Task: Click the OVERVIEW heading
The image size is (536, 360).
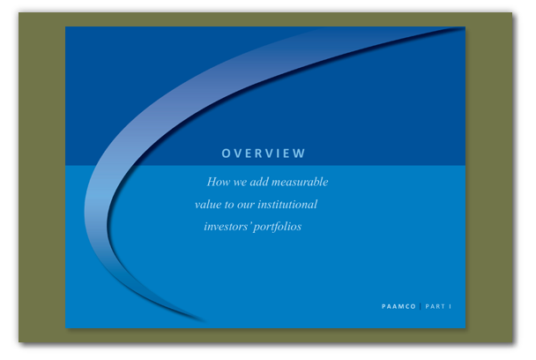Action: pyautogui.click(x=264, y=154)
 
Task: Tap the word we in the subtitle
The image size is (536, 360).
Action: pyautogui.click(x=240, y=183)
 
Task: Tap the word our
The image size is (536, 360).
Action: pyautogui.click(x=245, y=206)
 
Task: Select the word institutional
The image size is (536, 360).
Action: pyautogui.click(x=287, y=205)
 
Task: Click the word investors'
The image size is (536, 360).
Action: pyautogui.click(x=227, y=227)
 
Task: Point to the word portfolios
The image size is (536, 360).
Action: pyautogui.click(x=278, y=228)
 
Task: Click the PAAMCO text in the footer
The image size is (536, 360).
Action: pyautogui.click(x=398, y=306)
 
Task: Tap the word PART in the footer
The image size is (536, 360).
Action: pyautogui.click(x=435, y=306)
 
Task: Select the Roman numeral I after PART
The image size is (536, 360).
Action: pyautogui.click(x=450, y=306)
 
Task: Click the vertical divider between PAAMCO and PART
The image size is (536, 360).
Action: pyautogui.click(x=421, y=306)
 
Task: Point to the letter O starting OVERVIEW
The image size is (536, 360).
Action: pyautogui.click(x=226, y=154)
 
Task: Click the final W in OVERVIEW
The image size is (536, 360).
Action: pyautogui.click(x=300, y=154)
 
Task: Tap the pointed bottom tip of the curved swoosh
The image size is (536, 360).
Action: pyautogui.click(x=205, y=322)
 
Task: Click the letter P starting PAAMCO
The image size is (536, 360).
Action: pyautogui.click(x=383, y=306)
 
